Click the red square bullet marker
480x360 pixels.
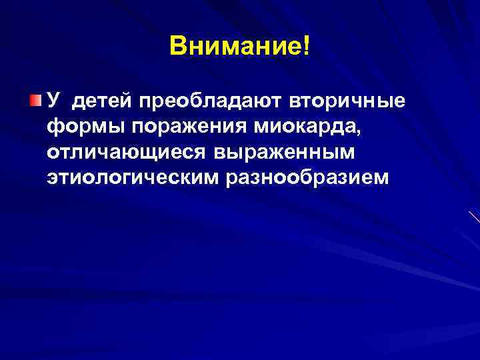pyautogui.click(x=35, y=101)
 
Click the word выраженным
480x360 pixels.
pyautogui.click(x=287, y=153)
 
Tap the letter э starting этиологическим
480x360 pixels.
pyautogui.click(x=53, y=179)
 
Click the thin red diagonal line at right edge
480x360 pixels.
pyautogui.click(x=474, y=217)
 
